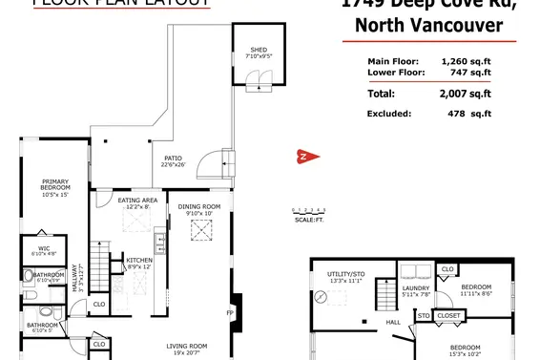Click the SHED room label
coord(259,49)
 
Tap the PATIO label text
coord(172,159)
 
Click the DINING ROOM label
coord(199,207)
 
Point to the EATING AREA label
coord(134,201)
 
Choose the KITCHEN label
coord(140,259)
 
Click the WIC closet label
coord(44,250)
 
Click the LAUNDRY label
coord(415,287)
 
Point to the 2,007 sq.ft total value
coord(466,95)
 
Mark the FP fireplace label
coord(228,313)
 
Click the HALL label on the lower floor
coord(393,323)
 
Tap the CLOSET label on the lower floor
coord(448,315)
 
